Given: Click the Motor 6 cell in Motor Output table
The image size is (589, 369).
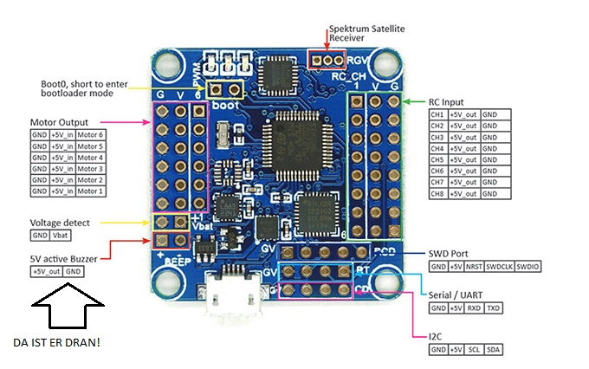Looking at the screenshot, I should [x=89, y=135].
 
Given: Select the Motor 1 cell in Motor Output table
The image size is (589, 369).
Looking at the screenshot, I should [x=89, y=191].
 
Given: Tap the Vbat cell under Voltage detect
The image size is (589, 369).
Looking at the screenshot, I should [x=61, y=236].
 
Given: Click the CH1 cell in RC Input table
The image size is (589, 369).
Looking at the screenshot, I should [x=437, y=114].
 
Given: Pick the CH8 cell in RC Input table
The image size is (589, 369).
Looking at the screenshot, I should [x=437, y=193].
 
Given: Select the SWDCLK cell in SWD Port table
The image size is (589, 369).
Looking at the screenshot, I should [x=500, y=267].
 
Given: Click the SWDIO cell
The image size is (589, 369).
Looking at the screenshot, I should [x=528, y=267].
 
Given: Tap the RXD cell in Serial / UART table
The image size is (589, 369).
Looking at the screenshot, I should [x=473, y=307].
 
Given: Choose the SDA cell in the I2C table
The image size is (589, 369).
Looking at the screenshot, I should [x=494, y=349].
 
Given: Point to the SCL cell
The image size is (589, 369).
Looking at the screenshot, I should [x=473, y=349].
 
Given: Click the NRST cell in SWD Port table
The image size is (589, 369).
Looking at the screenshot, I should [x=474, y=267].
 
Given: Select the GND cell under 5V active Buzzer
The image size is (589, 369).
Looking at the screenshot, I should [x=74, y=271].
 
